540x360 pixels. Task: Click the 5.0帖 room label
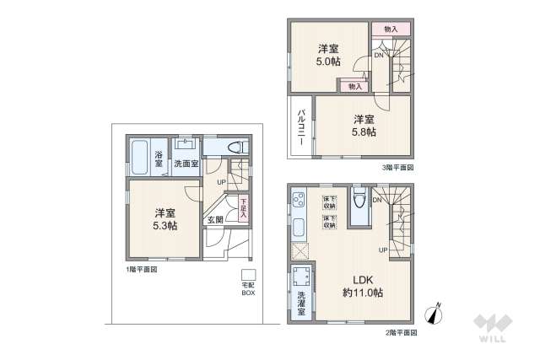pos(328,61)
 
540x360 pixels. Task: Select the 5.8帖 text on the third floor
pos(364,132)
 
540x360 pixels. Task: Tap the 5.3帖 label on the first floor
pos(165,226)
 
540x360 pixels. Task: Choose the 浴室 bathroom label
pos(159,159)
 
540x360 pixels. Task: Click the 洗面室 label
pos(186,164)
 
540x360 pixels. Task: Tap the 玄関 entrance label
pos(215,220)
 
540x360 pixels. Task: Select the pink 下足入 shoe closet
pos(243,207)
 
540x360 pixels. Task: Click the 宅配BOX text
pos(248,289)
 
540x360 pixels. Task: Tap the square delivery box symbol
pos(248,275)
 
